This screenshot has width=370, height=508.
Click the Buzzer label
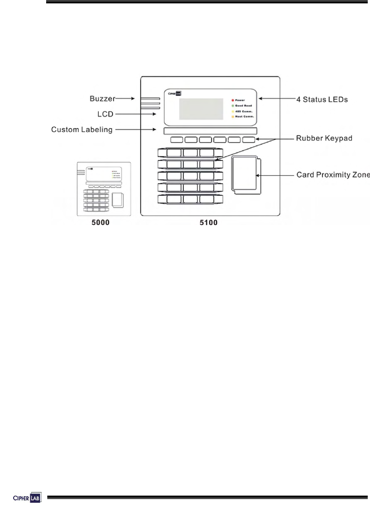tap(102, 99)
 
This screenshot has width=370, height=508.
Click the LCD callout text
tap(105, 114)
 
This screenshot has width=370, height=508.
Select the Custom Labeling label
tap(82, 129)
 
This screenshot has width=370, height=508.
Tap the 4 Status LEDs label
tap(322, 99)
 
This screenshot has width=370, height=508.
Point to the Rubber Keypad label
tap(324, 138)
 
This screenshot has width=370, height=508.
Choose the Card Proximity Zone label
tap(333, 175)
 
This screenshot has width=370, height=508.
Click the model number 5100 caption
tap(209, 222)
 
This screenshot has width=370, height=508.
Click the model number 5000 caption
tap(101, 222)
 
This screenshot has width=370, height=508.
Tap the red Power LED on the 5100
tap(233, 100)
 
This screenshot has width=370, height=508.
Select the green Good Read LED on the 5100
tap(233, 106)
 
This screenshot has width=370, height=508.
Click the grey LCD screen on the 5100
tap(201, 109)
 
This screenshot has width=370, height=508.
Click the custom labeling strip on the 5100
tap(210, 131)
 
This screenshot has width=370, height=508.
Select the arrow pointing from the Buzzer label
tap(125, 99)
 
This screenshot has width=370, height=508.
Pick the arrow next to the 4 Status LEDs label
tap(277, 99)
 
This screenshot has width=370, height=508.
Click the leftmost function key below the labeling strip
tap(177, 140)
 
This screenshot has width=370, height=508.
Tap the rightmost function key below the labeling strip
tap(248, 140)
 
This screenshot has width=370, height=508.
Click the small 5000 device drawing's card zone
tap(117, 200)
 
